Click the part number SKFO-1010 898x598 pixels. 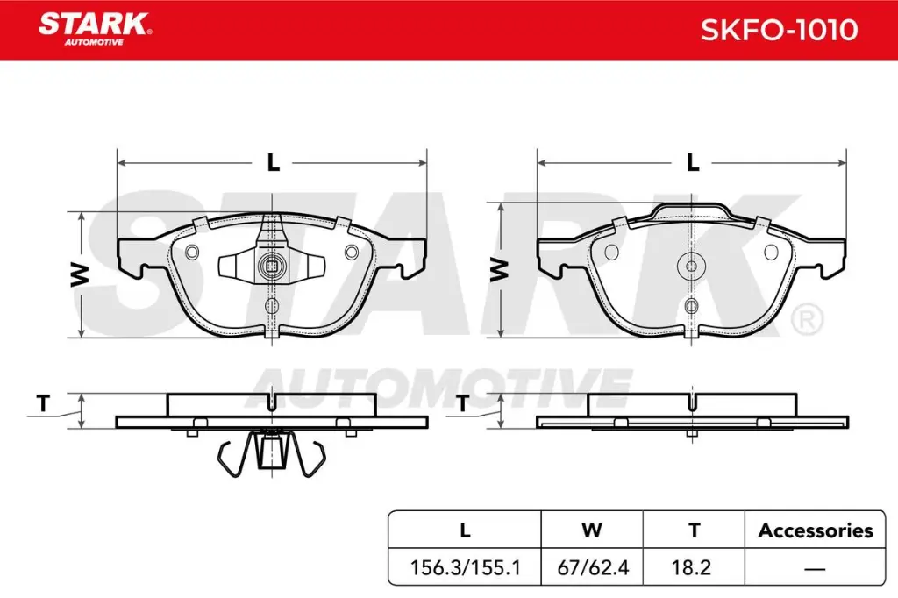click(x=778, y=30)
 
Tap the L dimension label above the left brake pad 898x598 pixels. click(x=273, y=163)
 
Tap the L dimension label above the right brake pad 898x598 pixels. click(x=692, y=163)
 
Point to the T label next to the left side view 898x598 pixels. click(x=42, y=404)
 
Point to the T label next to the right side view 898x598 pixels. click(x=462, y=404)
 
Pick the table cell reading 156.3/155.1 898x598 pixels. click(x=466, y=567)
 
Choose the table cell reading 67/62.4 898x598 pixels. click(x=593, y=567)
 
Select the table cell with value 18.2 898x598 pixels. click(x=694, y=567)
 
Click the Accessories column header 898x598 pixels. click(x=816, y=530)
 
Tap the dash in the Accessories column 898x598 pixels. click(x=816, y=568)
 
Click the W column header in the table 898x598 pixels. click(x=593, y=530)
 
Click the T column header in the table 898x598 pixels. click(x=694, y=530)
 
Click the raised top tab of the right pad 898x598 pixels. click(x=691, y=210)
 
